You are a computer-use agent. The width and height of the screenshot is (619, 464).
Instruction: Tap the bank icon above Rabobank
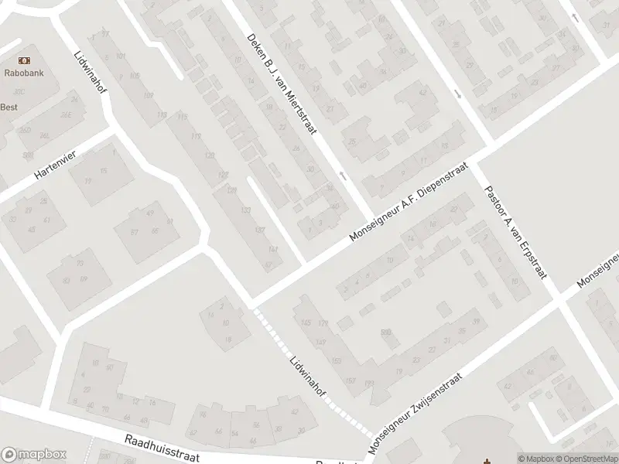coord(25,60)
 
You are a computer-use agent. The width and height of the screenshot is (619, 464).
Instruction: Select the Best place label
coord(9,107)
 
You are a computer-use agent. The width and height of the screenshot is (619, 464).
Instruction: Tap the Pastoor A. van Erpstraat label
coord(514,232)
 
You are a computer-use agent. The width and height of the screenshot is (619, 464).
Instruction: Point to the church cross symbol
coord(486,461)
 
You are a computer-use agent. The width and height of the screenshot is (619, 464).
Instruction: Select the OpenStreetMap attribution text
coord(587,458)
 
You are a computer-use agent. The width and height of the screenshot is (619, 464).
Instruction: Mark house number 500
coord(386,333)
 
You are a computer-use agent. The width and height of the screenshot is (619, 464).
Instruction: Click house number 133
coord(246,210)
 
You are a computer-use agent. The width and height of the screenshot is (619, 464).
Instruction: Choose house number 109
coord(149,95)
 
